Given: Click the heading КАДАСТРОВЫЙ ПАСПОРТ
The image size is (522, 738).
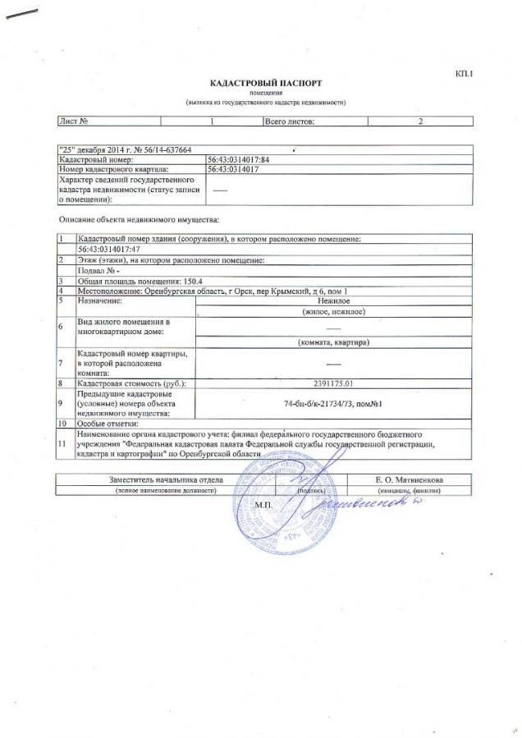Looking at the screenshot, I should click(x=265, y=84).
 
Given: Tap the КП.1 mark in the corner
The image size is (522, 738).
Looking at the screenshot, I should click(x=465, y=75).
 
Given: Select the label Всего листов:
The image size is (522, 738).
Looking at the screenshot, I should click(x=289, y=121).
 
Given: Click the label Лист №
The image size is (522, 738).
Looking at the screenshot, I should click(x=73, y=121).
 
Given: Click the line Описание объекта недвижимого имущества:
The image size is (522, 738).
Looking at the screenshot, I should click(x=139, y=220).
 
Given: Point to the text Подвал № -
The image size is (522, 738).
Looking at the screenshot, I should click(x=98, y=269).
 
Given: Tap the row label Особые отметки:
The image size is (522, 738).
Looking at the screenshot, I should click(x=107, y=424).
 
